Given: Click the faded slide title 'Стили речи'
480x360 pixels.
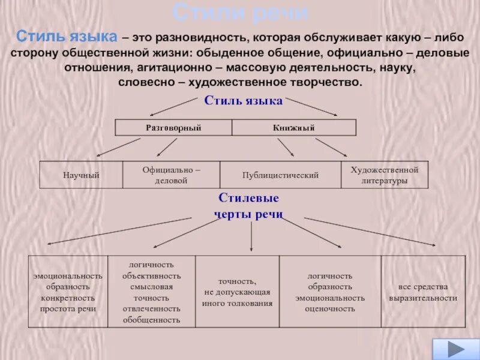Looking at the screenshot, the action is coord(240,12).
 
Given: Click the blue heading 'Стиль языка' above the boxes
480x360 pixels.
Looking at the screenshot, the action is coord(243,101).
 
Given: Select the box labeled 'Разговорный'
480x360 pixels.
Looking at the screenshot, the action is coord(173,128).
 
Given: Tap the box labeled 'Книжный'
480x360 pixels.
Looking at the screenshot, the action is coord(293,128).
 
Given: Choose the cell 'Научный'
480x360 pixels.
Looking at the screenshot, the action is coord(81,175).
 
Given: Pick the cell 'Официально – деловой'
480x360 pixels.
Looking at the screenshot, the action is coord(171,175).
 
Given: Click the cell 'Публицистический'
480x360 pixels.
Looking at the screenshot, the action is coord(280,175).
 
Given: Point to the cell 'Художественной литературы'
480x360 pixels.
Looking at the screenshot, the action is coord(385,175).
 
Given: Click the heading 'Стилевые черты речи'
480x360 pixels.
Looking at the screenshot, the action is coord(248,206).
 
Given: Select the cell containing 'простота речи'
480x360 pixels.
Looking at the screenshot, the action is coord(68,292).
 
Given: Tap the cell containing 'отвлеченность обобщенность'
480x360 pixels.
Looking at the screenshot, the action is coord(151,292).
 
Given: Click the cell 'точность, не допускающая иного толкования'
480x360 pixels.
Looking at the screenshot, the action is coord(237,292).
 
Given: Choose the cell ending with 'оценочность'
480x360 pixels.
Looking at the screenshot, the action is coord(330,292).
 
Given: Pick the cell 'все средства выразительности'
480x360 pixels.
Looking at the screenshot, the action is coord(423,292).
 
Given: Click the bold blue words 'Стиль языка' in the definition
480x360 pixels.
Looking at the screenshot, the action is coord(67,37).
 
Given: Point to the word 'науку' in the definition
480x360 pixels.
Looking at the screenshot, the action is coord(397,67).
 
